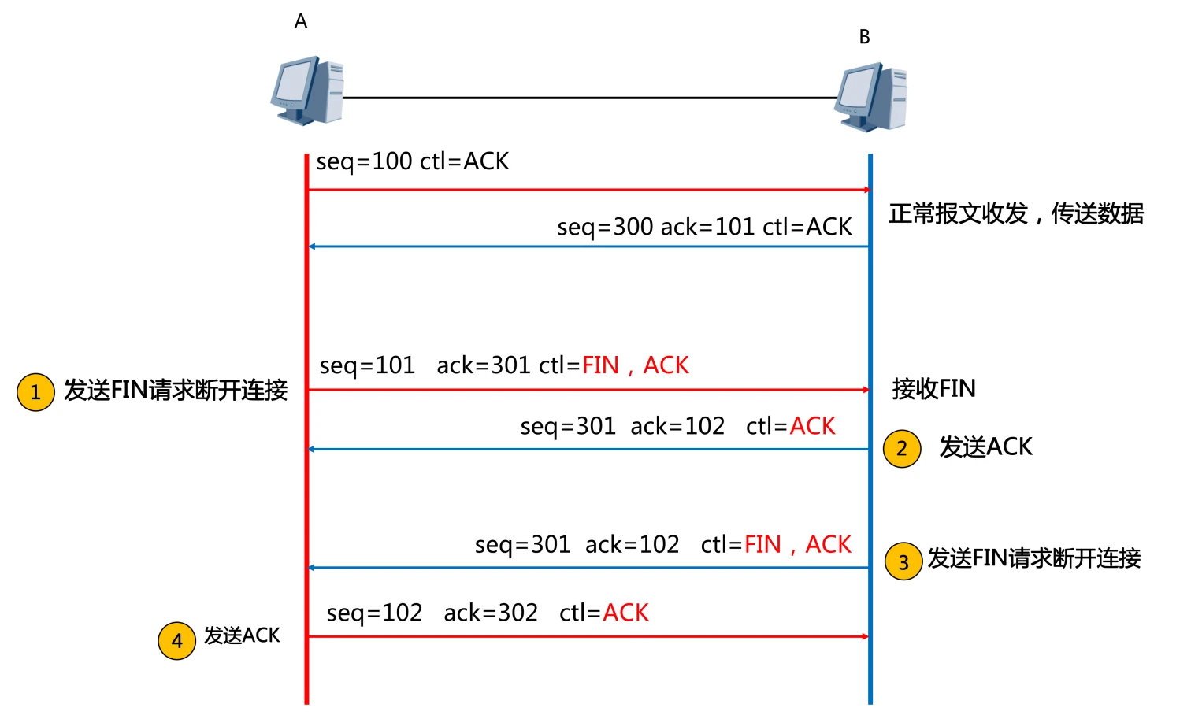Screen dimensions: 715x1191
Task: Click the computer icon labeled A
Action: (307, 90)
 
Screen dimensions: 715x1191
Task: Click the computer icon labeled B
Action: (870, 98)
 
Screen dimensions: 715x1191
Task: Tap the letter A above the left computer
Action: (301, 22)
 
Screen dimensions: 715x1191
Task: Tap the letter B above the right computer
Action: (864, 37)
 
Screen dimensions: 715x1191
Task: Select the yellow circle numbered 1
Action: (35, 392)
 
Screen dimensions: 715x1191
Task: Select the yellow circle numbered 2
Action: (902, 449)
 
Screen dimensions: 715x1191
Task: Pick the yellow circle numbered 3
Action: (903, 561)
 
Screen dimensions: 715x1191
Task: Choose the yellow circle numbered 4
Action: (176, 640)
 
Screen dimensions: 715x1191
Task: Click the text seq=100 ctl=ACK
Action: (413, 161)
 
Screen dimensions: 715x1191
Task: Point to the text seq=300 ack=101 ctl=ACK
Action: (704, 227)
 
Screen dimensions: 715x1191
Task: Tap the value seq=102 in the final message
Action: (374, 613)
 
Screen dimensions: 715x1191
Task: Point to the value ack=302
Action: (491, 613)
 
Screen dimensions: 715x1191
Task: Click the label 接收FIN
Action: (933, 388)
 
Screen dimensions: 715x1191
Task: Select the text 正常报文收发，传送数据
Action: (1016, 213)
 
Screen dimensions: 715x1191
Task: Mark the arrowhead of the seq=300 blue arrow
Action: (312, 246)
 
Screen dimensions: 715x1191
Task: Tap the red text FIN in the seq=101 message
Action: (600, 365)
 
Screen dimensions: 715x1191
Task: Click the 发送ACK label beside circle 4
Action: (242, 635)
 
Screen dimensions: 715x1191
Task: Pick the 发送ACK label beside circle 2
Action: (985, 447)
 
